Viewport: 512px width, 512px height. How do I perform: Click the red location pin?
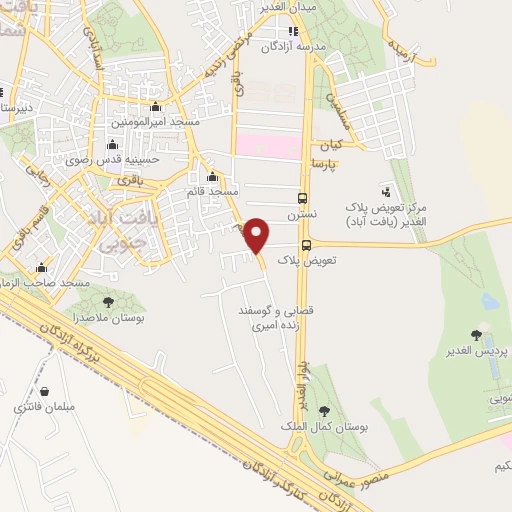257,234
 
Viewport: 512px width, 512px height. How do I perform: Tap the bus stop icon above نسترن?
303,197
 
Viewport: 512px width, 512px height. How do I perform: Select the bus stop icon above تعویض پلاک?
307,243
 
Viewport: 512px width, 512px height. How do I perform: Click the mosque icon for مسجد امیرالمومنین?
155,107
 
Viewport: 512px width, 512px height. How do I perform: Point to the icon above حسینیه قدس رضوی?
111,146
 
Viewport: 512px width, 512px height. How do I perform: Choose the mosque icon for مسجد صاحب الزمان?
41,268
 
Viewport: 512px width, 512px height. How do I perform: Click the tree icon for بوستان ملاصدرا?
108,301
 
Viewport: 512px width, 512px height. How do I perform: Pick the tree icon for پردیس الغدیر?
477,336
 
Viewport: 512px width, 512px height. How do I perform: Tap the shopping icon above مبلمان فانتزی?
44,392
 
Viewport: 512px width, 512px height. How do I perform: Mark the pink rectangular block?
267,146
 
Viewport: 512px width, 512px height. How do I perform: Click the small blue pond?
490,300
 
